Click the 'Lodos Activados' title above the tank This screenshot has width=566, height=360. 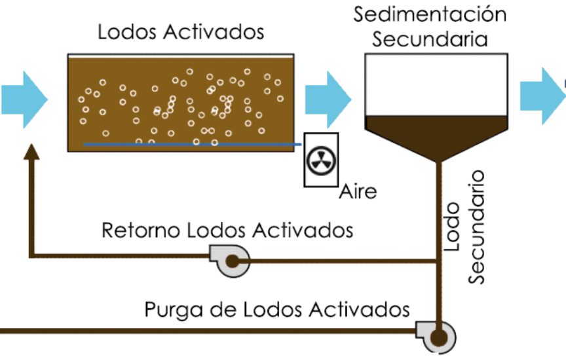click(181, 31)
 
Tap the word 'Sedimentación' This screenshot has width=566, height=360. click(430, 14)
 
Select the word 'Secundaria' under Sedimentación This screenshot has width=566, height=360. click(430, 39)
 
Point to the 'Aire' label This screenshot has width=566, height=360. click(358, 191)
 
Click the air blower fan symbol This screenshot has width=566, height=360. click(321, 160)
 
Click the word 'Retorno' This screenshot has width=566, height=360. click(140, 230)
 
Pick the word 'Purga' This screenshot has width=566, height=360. click(173, 310)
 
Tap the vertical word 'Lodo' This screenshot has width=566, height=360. click(451, 226)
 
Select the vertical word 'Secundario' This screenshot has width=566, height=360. click(476, 227)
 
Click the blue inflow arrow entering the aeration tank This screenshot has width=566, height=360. click(24, 99)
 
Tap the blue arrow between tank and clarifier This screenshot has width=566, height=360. click(328, 99)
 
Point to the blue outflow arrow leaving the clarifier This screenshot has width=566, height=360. click(542, 96)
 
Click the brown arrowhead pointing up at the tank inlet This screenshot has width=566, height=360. click(31, 151)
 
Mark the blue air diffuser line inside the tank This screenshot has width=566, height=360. click(193, 144)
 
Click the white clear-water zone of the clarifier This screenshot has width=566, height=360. click(436, 85)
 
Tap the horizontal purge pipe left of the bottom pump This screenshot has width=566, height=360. click(208, 331)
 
